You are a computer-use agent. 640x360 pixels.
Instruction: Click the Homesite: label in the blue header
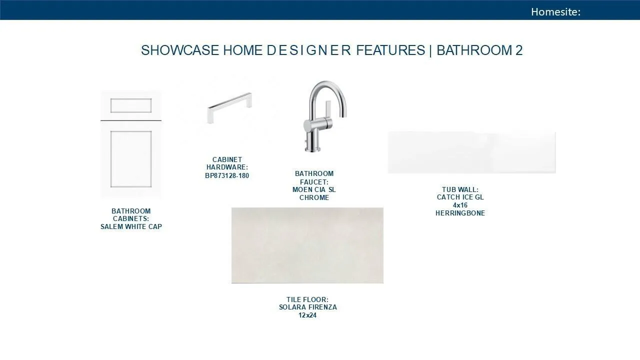pos(555,11)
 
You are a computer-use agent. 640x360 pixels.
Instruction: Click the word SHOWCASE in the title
pos(180,50)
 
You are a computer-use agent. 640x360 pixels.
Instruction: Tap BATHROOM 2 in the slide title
pos(479,50)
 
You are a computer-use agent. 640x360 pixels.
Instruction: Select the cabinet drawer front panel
pos(131,105)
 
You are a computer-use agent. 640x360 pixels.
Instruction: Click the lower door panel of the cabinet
pos(131,159)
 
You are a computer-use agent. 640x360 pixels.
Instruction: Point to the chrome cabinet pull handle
pos(229,107)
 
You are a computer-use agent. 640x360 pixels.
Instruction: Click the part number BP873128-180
pos(227,175)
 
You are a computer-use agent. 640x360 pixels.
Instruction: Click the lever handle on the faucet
pos(328,110)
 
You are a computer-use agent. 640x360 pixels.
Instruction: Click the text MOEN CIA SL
pos(314,189)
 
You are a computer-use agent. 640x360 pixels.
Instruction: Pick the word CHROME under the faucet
pos(314,197)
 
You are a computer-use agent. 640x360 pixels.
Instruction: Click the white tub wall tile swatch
pos(471,152)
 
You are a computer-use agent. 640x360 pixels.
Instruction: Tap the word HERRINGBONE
pos(460,213)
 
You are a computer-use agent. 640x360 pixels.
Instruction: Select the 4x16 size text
pos(460,205)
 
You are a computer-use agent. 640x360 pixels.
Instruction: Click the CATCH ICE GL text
pos(460,197)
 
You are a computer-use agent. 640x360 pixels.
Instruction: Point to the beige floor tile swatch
pos(307,245)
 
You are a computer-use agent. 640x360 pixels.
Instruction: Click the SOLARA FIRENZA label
pos(307,307)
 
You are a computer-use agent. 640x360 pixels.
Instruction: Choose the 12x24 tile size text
pos(307,315)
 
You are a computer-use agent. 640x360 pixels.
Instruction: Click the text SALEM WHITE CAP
pos(131,227)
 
